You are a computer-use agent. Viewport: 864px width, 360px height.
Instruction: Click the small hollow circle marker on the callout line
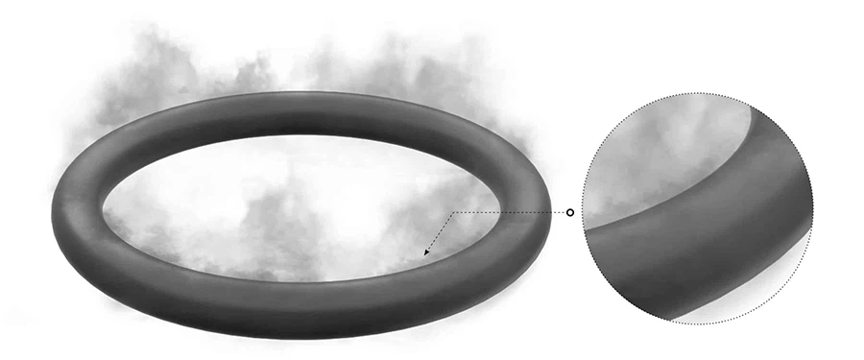[x=570, y=212]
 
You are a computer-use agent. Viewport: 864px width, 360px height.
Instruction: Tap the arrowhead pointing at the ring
[x=426, y=254]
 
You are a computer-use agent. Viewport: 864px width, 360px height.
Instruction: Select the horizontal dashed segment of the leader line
[x=509, y=212]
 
